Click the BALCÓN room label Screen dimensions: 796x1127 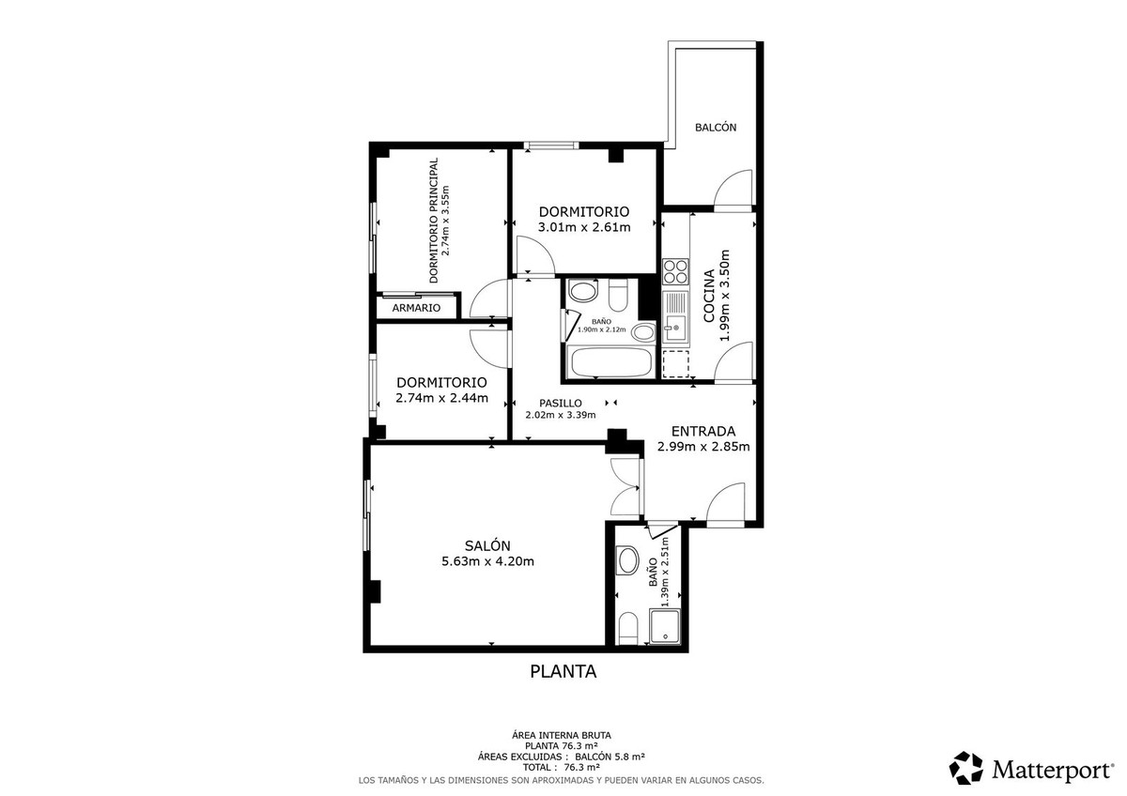[715, 128]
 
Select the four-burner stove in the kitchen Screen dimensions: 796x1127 [675, 271]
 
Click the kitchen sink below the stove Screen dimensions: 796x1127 [674, 321]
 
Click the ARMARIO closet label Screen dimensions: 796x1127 [416, 308]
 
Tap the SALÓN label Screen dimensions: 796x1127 [487, 545]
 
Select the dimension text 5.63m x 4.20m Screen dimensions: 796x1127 [487, 562]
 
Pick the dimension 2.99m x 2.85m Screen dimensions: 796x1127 [702, 447]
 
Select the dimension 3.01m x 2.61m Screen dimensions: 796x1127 [583, 227]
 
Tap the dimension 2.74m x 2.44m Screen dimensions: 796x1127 [441, 398]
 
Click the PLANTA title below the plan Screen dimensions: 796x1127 [563, 671]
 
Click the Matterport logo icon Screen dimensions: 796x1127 [966, 768]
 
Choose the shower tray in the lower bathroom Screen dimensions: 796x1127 [666, 626]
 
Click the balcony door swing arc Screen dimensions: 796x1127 [732, 188]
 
